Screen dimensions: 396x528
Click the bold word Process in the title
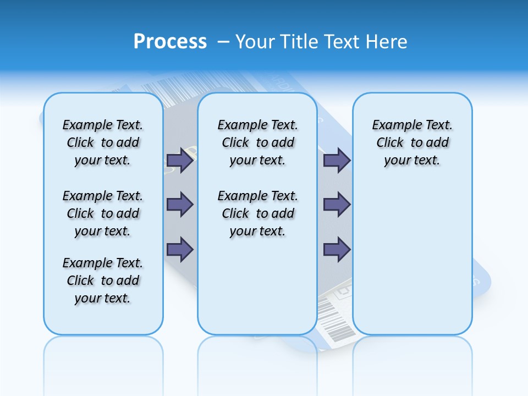(170, 42)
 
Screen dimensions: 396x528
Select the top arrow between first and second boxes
(180, 160)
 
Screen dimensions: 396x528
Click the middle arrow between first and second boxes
(180, 205)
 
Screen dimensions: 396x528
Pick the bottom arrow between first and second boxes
(180, 249)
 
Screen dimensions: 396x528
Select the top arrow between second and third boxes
(337, 160)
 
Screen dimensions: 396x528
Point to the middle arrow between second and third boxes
(337, 205)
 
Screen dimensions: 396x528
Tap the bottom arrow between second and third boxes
(337, 249)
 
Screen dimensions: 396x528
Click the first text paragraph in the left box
(103, 142)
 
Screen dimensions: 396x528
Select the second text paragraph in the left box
(103, 213)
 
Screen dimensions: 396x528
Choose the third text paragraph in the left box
(103, 280)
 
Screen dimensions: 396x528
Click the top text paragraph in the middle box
(257, 142)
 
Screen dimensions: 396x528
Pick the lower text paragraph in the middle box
(257, 213)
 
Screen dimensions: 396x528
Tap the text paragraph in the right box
(412, 142)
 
